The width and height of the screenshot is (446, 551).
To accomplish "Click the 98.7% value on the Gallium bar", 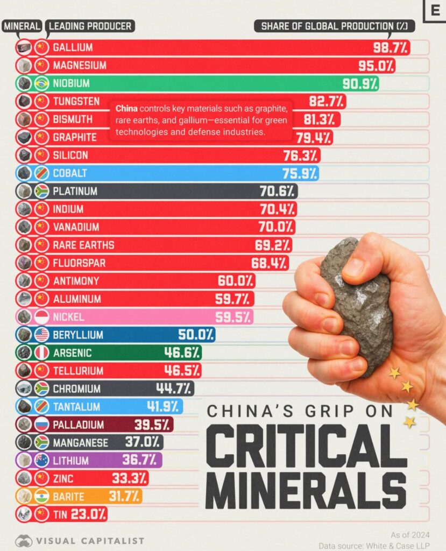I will pyautogui.click(x=391, y=47).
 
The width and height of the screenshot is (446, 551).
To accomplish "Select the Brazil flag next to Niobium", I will pyautogui.click(x=41, y=83).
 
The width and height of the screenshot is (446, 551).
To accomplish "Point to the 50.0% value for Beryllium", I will pyautogui.click(x=196, y=335).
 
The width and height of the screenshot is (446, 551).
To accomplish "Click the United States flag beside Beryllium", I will pyautogui.click(x=41, y=335).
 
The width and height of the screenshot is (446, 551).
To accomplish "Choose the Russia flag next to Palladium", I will pyautogui.click(x=41, y=425).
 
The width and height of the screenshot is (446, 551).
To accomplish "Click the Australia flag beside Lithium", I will pyautogui.click(x=41, y=460).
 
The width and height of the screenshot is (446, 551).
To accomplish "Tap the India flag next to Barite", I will pyautogui.click(x=41, y=496).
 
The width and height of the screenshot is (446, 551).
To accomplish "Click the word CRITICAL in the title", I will pyautogui.click(x=307, y=448).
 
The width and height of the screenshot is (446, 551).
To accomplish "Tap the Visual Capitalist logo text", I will pyautogui.click(x=90, y=540).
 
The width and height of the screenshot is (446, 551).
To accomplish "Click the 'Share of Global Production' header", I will pyautogui.click(x=334, y=26).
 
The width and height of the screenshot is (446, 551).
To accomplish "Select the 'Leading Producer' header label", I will pyautogui.click(x=90, y=26).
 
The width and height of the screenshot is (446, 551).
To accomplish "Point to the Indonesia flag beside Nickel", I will pyautogui.click(x=41, y=317).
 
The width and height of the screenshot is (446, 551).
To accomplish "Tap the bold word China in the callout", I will pyautogui.click(x=126, y=108).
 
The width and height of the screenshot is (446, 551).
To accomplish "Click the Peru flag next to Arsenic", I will pyautogui.click(x=41, y=352).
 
